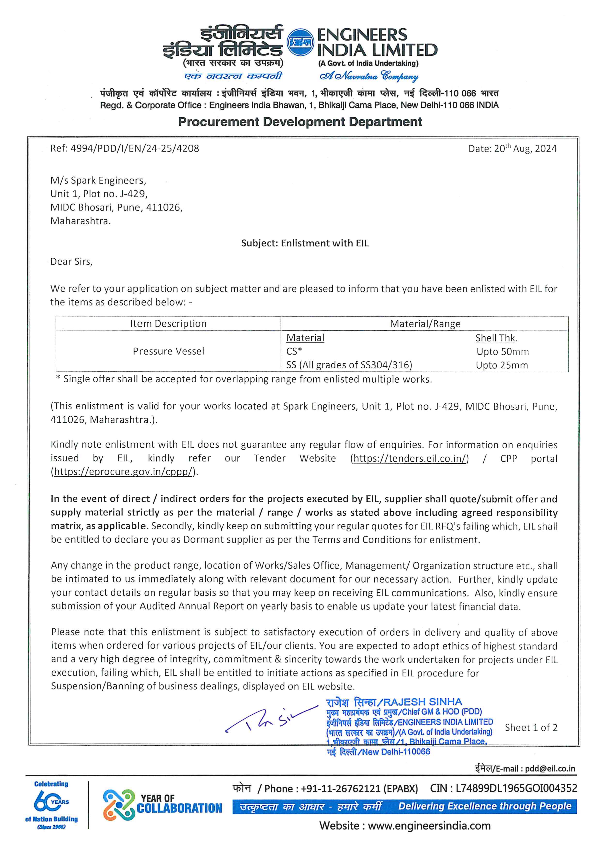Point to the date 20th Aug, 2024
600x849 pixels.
[x=512, y=149]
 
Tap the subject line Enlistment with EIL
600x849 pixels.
[x=305, y=243]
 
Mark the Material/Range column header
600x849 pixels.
[x=425, y=324]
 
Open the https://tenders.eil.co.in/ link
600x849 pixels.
[x=409, y=459]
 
